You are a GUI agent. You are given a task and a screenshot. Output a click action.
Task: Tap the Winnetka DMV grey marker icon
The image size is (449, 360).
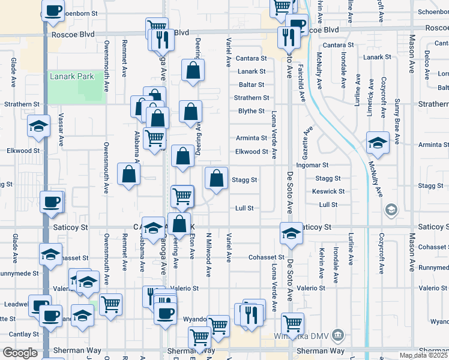coord(338,334)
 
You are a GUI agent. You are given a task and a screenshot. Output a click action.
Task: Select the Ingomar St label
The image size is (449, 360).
coord(313,165)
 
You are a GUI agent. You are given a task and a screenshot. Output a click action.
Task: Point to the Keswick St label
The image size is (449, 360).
coord(328,191)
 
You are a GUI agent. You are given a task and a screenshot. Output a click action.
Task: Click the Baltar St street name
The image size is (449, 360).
coord(252,85)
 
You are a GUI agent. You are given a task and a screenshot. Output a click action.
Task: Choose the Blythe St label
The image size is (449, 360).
coord(252,111)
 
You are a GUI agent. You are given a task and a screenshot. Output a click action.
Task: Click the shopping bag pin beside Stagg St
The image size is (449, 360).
coord(216,178)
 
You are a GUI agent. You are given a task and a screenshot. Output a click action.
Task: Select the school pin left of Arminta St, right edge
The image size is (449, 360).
coord(378,143)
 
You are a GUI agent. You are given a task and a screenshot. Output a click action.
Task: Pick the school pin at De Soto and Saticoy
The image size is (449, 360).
coord(291,233)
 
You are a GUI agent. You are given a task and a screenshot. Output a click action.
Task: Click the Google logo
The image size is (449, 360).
coord(20,353)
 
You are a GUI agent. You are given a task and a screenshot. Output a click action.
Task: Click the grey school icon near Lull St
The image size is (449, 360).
coord(391,209)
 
